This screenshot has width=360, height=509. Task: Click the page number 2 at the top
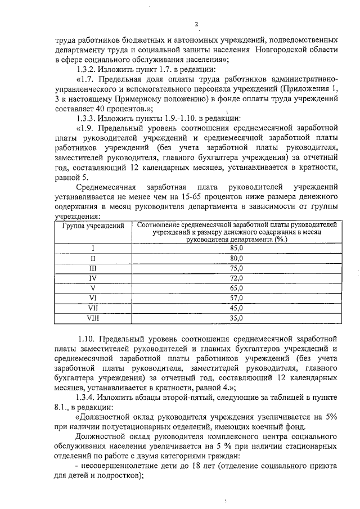point(196,24)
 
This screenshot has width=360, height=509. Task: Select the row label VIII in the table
point(93,318)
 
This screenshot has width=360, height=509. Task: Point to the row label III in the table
point(93,268)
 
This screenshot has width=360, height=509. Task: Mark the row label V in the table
point(93,288)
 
